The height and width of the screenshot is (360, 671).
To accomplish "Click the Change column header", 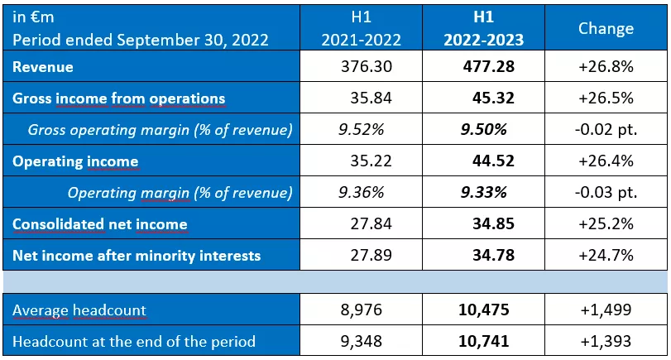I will click(606, 28).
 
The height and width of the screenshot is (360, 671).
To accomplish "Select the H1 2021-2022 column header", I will click(362, 28).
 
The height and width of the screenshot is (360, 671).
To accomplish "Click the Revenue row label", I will click(43, 67).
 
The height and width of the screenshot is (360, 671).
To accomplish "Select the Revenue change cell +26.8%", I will click(606, 67).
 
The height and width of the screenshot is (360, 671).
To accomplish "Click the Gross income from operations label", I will click(118, 98).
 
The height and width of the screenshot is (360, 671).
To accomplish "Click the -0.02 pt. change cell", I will click(606, 130).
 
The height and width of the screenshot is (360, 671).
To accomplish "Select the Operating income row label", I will click(75, 161).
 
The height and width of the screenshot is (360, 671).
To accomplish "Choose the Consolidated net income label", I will click(99, 224).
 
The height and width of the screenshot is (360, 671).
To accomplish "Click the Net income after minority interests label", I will click(137, 256).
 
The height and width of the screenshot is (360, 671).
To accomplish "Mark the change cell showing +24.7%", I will click(606, 256).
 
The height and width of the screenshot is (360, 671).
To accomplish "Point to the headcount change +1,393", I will click(606, 341).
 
